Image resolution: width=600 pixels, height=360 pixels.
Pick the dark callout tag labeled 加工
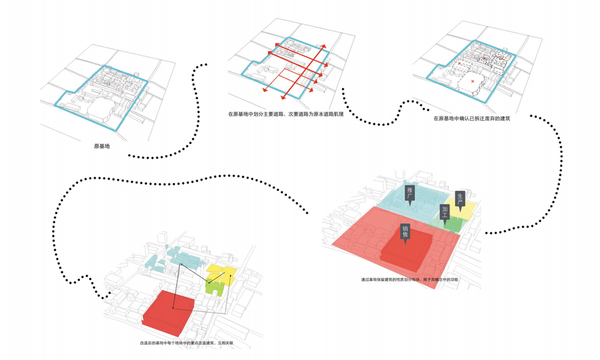(445, 212)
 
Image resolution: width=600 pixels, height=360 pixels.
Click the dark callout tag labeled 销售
(406, 232)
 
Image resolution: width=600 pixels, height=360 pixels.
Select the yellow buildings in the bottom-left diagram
(221, 274)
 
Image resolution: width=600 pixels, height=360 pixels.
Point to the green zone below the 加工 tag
(454, 226)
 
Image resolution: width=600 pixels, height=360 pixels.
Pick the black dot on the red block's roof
(173, 308)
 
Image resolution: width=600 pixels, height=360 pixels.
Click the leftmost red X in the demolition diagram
(460, 63)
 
